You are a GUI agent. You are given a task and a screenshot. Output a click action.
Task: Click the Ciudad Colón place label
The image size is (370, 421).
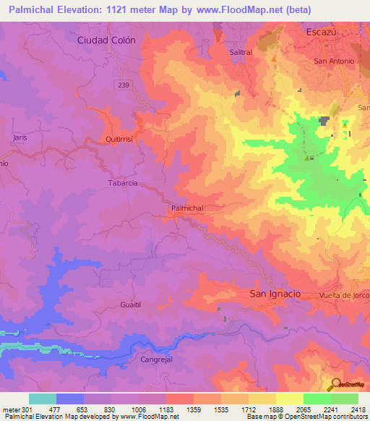coord(106,41)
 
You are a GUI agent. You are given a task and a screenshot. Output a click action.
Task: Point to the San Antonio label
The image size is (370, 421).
coord(334,61)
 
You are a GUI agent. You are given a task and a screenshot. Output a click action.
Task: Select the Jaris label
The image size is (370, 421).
coord(20,136)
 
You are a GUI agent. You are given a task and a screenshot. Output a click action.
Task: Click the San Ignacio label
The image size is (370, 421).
coord(275,294)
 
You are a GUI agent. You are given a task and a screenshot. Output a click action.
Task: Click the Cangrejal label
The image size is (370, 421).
coord(158,359)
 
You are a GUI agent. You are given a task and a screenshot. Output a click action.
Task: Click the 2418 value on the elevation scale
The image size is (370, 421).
coord(358,409)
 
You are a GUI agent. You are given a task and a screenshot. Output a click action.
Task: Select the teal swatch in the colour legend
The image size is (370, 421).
coord(43,399)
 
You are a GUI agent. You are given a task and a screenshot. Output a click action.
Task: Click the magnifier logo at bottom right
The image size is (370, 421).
coord(335,383)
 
